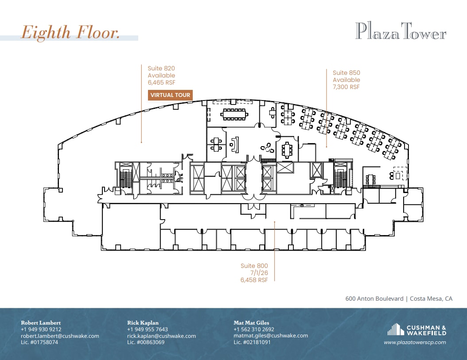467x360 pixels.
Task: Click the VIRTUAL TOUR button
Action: [170, 95]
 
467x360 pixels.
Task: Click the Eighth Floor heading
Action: [70, 33]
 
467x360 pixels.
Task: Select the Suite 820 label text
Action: [161, 69]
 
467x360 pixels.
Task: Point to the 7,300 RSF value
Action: [346, 87]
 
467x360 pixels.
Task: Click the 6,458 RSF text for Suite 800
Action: [254, 280]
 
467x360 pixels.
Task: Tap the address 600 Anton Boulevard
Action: [374, 299]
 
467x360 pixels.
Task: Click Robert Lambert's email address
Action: [60, 336]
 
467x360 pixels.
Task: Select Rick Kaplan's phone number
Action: [148, 329]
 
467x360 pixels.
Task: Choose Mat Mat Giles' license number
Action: [252, 342]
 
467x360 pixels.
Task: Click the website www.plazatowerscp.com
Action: [415, 342]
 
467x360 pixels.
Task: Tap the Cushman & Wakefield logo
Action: [416, 330]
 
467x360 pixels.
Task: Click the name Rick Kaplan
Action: [143, 323]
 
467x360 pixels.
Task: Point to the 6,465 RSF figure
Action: [161, 82]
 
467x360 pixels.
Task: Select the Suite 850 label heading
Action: [346, 73]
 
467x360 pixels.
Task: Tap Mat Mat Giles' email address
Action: [271, 336]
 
